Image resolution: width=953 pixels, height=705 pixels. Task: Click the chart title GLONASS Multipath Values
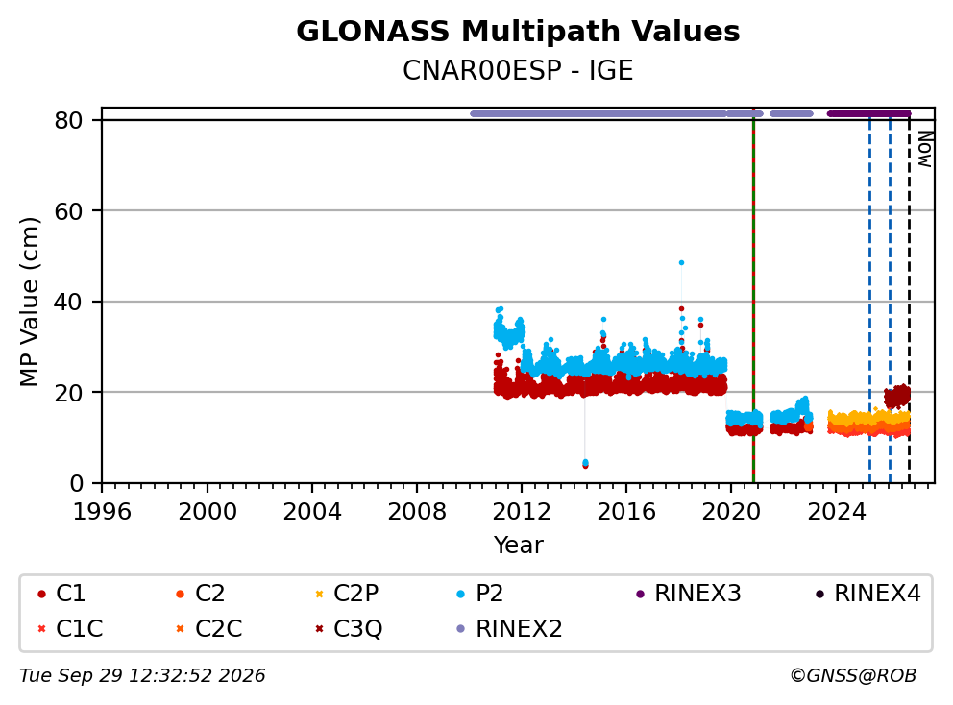518,32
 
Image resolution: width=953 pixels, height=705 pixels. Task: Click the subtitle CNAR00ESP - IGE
518,70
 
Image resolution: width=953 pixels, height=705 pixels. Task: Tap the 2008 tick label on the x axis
416,512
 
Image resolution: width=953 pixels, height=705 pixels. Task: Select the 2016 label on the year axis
626,512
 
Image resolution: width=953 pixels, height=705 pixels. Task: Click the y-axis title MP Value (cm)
29,302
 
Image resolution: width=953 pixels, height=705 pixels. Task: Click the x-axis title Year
518,546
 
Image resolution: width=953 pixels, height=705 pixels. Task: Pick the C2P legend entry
348,594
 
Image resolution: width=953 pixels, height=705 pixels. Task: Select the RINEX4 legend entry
868,594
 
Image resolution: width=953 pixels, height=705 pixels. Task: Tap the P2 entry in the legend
480,594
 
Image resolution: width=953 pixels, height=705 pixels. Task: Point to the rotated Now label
925,150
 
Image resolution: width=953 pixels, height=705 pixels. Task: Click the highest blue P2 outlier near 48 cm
681,263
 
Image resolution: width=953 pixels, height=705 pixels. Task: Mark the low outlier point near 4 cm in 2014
585,464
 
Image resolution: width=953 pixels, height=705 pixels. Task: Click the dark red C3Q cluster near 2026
897,397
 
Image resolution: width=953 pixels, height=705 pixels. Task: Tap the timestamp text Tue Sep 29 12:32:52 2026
142,676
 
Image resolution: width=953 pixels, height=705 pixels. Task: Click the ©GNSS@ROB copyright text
853,676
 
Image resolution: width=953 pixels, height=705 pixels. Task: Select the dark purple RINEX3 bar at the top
869,113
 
